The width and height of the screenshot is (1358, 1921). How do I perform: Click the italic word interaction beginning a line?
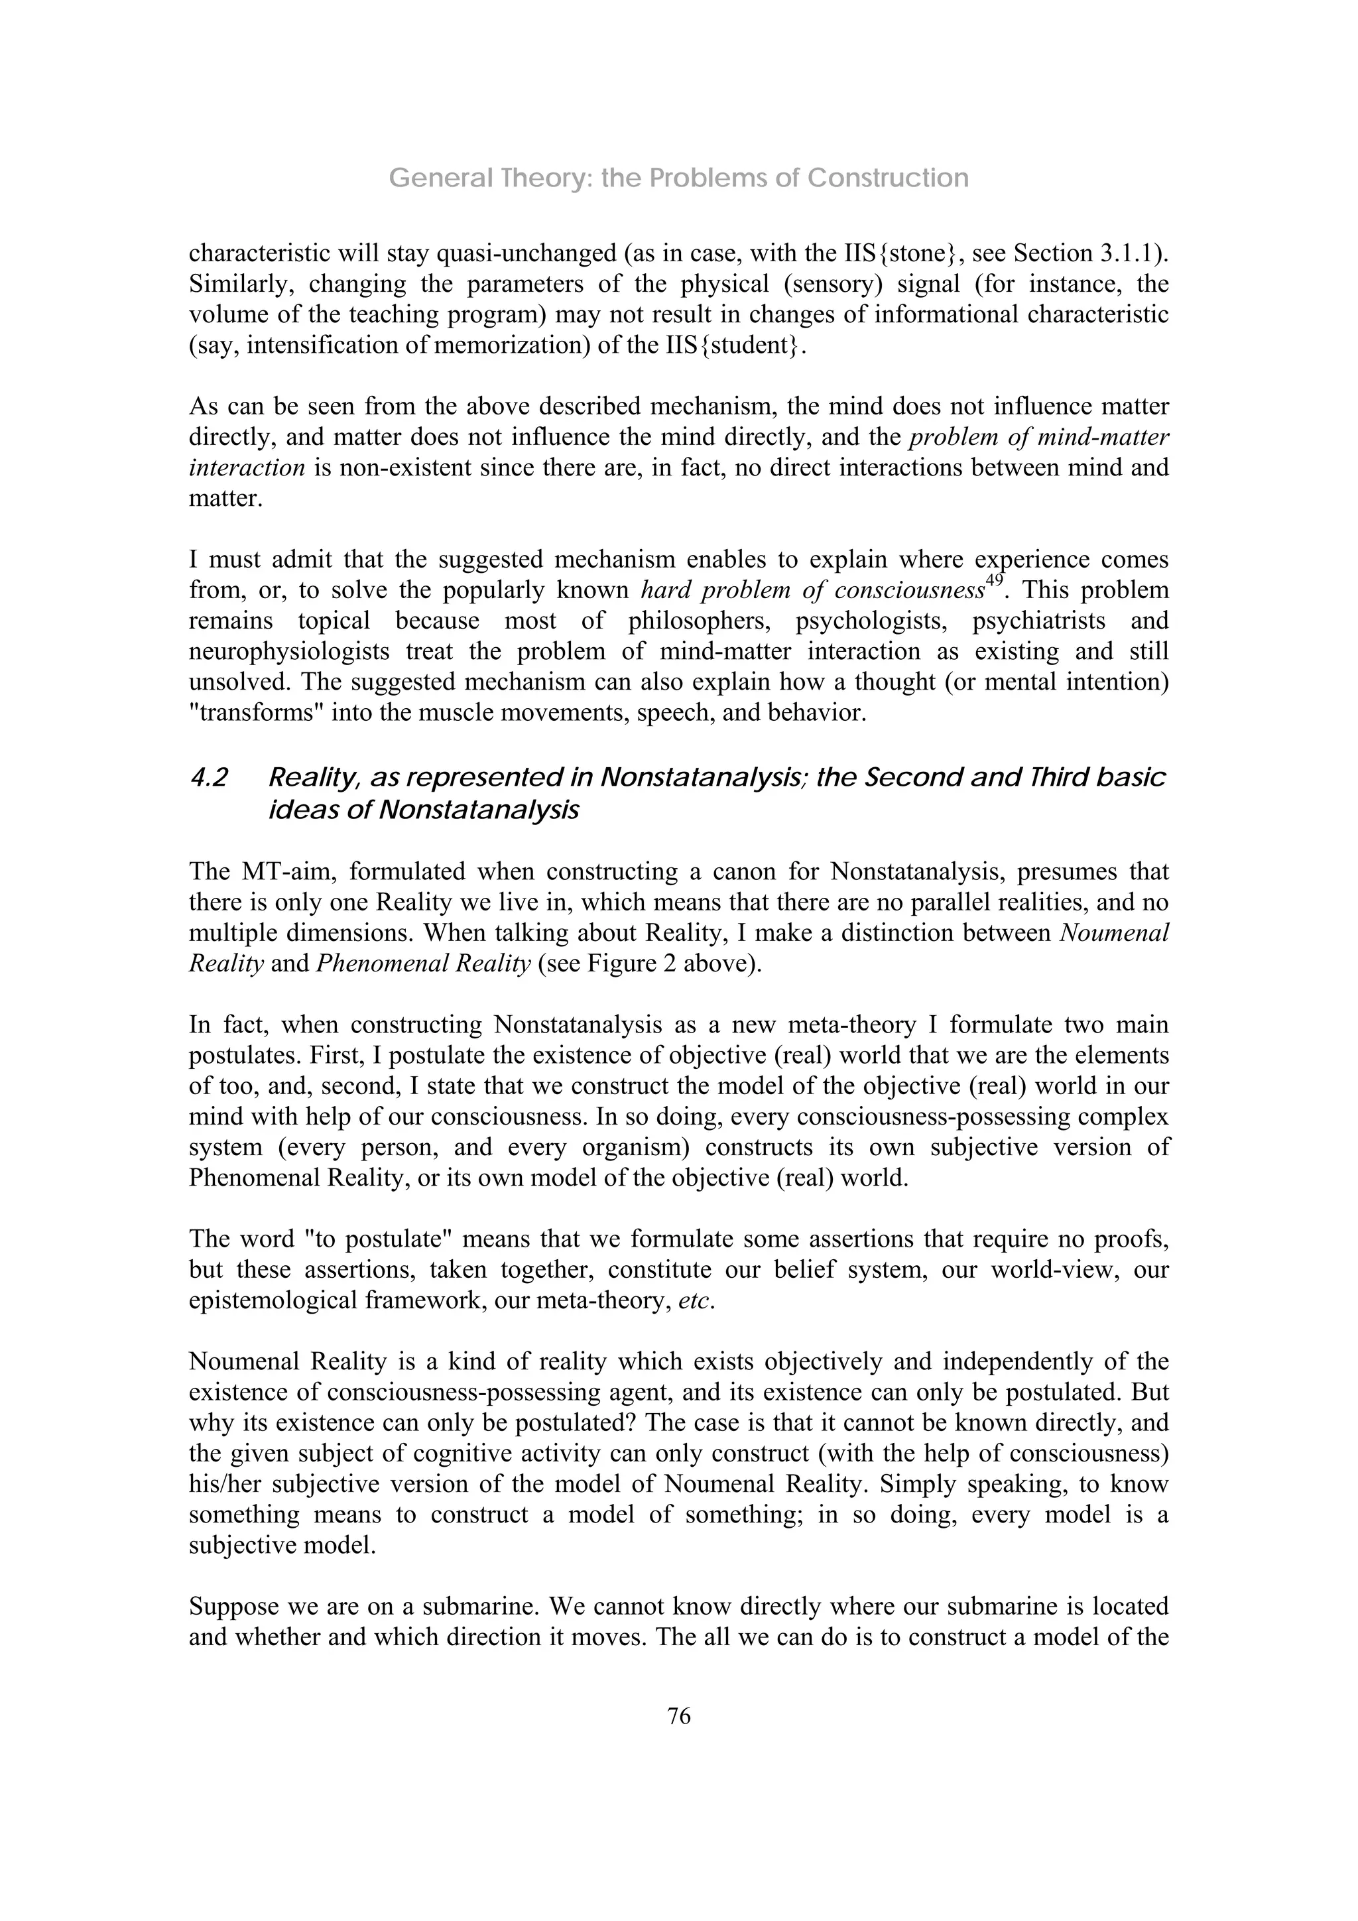247,467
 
